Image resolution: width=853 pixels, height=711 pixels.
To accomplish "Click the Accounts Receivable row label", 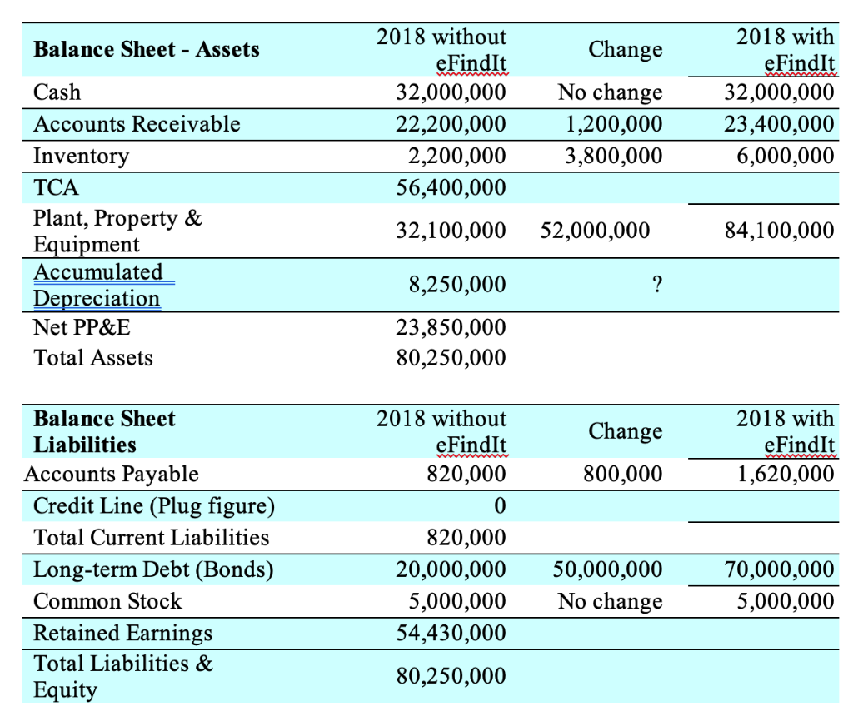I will pos(137,124).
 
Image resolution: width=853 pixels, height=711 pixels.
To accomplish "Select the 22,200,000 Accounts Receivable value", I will pos(450,124).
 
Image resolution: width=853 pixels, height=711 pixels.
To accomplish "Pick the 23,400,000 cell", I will pos(779,124).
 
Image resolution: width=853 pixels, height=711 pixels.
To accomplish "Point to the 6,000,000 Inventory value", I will pos(786,156).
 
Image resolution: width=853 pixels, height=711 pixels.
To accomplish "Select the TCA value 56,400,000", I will pos(450,187).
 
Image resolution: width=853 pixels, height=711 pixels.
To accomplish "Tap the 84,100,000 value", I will pos(779,230).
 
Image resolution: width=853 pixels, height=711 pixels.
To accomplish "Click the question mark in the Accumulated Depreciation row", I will pos(657,285).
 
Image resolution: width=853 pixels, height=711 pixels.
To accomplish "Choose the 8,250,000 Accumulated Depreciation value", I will pos(457,285).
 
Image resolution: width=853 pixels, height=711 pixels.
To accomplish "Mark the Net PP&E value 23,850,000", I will pos(450,326).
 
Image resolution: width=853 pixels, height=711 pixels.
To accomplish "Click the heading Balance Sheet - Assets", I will pos(147,49).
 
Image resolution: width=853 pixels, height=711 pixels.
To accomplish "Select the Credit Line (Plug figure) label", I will pos(153,505).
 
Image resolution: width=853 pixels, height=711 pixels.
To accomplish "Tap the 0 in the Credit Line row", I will pos(499,505).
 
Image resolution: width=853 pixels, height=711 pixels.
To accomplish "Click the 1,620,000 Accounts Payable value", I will pos(786,474).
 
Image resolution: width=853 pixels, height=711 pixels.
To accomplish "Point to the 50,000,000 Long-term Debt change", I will pos(607,569).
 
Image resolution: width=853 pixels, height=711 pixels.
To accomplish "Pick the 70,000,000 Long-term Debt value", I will pos(779,569).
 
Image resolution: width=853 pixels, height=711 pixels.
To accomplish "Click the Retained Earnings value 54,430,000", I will pos(450,633).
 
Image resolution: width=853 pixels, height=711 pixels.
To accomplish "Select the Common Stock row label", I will pos(107,601).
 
